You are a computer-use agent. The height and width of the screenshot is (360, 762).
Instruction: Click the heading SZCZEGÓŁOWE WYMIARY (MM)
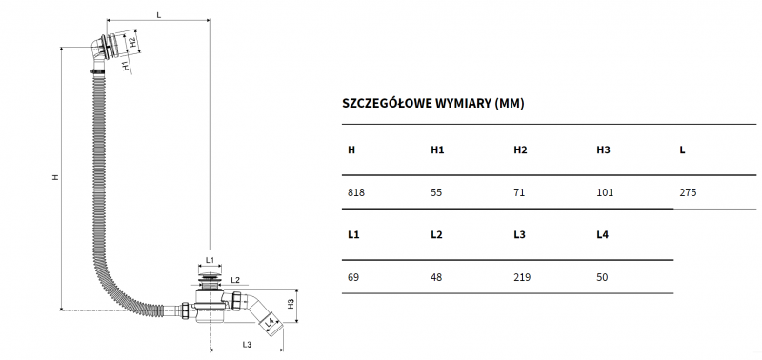[x=432, y=103]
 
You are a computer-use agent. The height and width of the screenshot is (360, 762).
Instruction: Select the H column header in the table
[x=351, y=150]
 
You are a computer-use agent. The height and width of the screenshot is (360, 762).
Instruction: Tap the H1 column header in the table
[x=437, y=150]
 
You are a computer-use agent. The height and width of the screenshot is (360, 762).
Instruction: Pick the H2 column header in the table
[x=520, y=150]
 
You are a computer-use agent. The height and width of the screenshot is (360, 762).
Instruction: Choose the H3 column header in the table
[x=603, y=150]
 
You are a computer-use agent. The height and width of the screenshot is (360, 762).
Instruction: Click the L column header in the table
[x=682, y=150]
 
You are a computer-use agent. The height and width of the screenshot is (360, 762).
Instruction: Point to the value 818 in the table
[x=356, y=192]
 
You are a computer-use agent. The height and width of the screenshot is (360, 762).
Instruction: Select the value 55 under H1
[x=437, y=192]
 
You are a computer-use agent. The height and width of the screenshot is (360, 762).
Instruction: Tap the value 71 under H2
[x=519, y=192]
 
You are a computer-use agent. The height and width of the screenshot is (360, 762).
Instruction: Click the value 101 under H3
[x=605, y=192]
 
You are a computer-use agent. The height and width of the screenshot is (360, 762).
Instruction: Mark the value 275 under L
[x=688, y=192]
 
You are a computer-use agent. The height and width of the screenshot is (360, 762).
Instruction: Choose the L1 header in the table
[x=353, y=233]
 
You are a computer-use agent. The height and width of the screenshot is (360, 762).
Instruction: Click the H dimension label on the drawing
[x=55, y=178]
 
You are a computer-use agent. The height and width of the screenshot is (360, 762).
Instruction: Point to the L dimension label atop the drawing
[x=158, y=14]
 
